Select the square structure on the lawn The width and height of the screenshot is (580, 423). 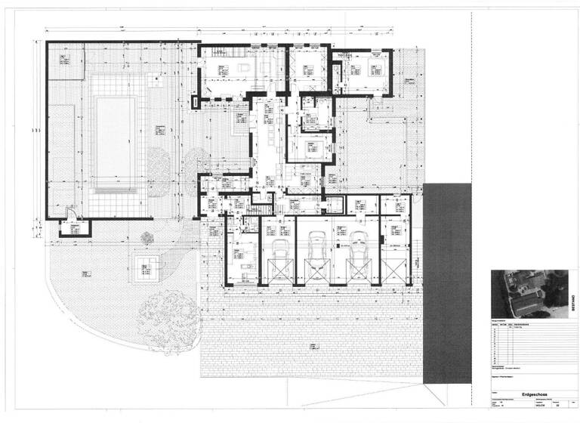[x=147, y=266]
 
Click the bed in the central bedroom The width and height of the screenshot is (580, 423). [x=309, y=147]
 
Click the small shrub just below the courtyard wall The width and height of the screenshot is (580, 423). [x=147, y=236]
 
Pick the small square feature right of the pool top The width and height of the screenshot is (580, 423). [x=156, y=77]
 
